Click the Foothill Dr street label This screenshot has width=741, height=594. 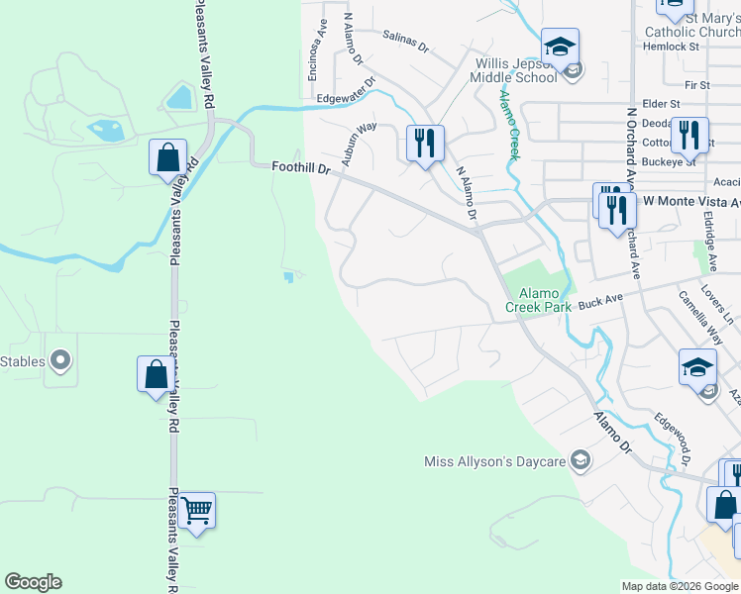pos(301,169)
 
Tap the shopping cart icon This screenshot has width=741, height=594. pos(197,511)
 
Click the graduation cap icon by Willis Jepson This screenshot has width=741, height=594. pos(560,46)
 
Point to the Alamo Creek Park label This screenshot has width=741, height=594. pos(538,301)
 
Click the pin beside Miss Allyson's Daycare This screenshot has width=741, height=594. pos(581,461)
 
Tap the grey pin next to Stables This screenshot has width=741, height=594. pos(60,361)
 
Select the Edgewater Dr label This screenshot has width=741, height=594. pos(346,92)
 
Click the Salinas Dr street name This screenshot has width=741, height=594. pos(405,41)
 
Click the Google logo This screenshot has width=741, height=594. pos(33,582)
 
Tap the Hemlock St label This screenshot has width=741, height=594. pos(672,47)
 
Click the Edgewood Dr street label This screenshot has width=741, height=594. pos(671,441)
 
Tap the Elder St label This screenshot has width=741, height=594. pos(661,103)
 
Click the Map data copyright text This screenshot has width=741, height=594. pos(680,586)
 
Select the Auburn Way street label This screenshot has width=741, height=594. pos(360,142)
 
